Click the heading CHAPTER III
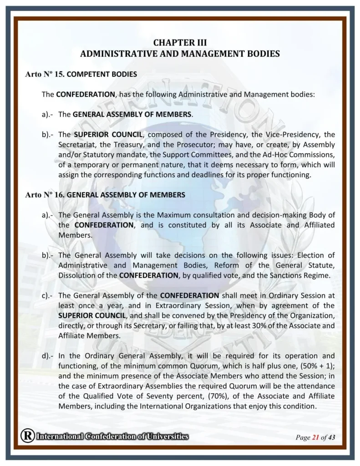click(180, 43)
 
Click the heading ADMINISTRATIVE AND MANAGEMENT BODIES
click(180, 54)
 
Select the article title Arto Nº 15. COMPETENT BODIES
click(81, 74)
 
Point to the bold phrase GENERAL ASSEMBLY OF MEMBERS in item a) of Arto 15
click(138, 114)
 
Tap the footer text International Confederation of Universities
click(112, 437)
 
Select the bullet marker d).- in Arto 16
click(48, 355)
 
